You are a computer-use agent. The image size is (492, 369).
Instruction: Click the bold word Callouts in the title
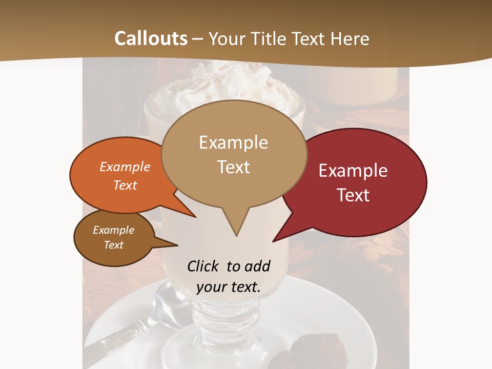pyautogui.click(x=151, y=38)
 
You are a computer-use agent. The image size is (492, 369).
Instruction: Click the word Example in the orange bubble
pyautogui.click(x=125, y=167)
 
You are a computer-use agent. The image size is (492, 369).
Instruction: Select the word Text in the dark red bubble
pyautogui.click(x=354, y=195)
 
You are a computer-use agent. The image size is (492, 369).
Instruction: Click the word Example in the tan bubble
pyautogui.click(x=233, y=142)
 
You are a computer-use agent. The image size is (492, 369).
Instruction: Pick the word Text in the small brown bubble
pyautogui.click(x=113, y=245)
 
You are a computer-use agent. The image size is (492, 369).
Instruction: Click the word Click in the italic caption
pyautogui.click(x=203, y=266)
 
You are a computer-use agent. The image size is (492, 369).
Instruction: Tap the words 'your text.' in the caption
pyautogui.click(x=229, y=287)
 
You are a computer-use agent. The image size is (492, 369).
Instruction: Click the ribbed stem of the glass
pyautogui.click(x=225, y=318)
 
